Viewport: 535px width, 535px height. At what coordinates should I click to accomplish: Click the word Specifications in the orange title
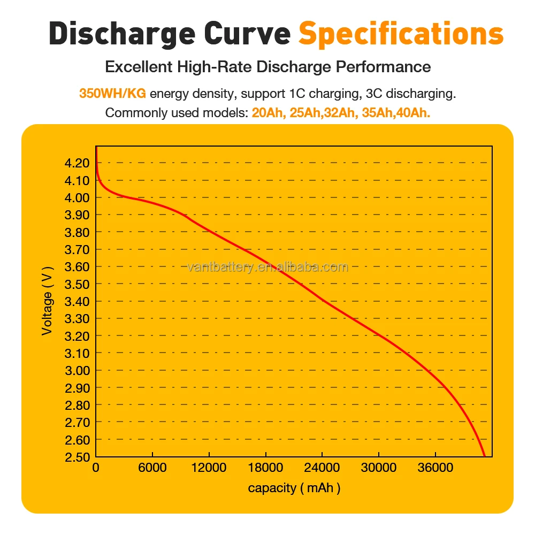point(401,33)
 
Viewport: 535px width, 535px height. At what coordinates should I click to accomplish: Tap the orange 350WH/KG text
point(112,94)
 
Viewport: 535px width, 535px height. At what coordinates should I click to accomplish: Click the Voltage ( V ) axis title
point(48,301)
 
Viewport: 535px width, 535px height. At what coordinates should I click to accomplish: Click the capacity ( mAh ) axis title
point(294,487)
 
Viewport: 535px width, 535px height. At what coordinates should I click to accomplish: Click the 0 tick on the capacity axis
point(96,468)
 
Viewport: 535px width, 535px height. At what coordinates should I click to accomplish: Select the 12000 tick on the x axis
point(209,468)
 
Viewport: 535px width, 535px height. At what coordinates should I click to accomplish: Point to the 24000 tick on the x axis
point(322,468)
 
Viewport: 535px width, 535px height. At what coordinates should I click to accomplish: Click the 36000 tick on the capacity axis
point(435,468)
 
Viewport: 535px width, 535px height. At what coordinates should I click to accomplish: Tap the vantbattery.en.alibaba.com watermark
point(267,267)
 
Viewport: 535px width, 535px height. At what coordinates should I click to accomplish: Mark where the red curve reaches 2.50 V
point(485,456)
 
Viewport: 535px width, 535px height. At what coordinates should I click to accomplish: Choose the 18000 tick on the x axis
point(265,468)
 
